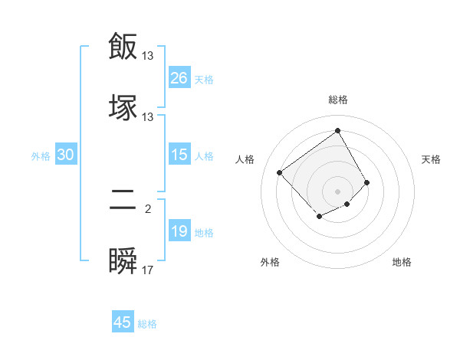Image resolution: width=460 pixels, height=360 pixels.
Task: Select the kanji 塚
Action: pyautogui.click(x=123, y=107)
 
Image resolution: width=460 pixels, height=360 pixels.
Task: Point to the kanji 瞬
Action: pyautogui.click(x=123, y=260)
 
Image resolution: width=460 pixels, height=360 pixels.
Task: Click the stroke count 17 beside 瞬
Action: pyautogui.click(x=148, y=270)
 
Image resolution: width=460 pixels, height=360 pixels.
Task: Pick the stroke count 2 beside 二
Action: pyautogui.click(x=148, y=208)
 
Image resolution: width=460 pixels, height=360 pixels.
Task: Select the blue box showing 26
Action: pyautogui.click(x=179, y=78)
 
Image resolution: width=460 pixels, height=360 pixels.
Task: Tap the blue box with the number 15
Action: pyautogui.click(x=179, y=155)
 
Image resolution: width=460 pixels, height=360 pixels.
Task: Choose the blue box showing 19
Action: pyautogui.click(x=179, y=231)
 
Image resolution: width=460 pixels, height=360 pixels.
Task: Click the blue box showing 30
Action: pyautogui.click(x=66, y=155)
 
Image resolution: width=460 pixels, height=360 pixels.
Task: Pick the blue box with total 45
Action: pyautogui.click(x=122, y=322)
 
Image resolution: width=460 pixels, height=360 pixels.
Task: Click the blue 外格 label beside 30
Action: pyautogui.click(x=41, y=156)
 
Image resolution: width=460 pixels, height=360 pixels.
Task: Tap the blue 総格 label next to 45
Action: pyautogui.click(x=147, y=324)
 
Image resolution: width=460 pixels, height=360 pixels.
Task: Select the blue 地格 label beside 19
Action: pyautogui.click(x=204, y=233)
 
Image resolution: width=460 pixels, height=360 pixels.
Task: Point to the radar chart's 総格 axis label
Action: pyautogui.click(x=337, y=100)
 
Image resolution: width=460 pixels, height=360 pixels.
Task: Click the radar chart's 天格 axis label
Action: pyautogui.click(x=431, y=159)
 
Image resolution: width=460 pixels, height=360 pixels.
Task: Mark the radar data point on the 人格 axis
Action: pyautogui.click(x=280, y=172)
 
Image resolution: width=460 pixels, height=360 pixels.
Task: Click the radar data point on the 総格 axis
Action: pyautogui.click(x=337, y=130)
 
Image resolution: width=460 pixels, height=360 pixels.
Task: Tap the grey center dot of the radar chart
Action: pyautogui.click(x=337, y=191)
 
